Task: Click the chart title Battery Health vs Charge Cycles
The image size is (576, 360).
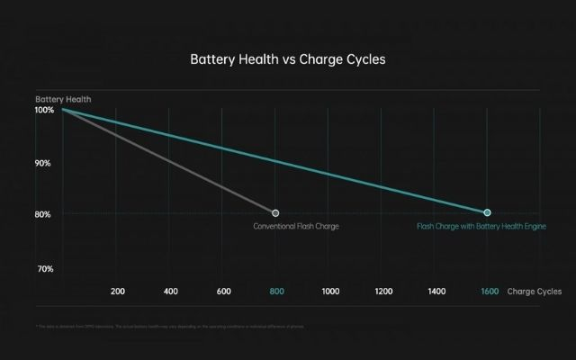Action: click(287, 60)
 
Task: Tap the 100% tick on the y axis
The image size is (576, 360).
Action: click(45, 110)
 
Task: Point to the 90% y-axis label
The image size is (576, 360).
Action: click(44, 163)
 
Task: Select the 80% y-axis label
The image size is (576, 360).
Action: click(44, 214)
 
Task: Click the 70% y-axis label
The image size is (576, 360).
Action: click(44, 268)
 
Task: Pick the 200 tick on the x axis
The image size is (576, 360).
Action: click(117, 292)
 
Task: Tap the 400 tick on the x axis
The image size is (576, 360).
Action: click(170, 292)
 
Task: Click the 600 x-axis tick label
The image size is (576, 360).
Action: click(223, 292)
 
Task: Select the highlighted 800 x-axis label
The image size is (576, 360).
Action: click(276, 292)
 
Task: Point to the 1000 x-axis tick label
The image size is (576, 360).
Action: click(329, 292)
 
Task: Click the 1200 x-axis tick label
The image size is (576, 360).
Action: click(383, 292)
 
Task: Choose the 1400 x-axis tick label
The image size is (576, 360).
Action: click(436, 292)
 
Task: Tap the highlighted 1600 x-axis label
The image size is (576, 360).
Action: click(490, 292)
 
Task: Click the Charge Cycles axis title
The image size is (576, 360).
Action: click(535, 292)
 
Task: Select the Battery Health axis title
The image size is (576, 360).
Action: click(63, 98)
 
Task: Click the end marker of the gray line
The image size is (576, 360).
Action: click(275, 213)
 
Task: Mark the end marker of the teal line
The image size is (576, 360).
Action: click(487, 212)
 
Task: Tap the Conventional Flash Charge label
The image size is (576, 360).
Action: click(297, 227)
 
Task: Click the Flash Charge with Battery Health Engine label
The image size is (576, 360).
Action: click(481, 227)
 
